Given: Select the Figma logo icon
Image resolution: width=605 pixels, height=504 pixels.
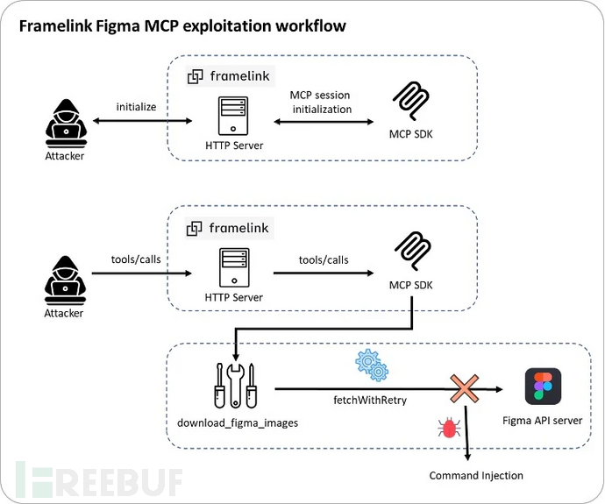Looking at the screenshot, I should [543, 387].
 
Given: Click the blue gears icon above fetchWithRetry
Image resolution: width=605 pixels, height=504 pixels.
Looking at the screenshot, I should [370, 364].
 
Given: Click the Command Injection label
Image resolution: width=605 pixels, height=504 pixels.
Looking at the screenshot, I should [476, 475].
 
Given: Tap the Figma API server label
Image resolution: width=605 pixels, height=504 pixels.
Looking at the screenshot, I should [543, 421].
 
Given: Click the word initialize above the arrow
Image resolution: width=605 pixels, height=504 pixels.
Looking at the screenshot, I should [136, 106].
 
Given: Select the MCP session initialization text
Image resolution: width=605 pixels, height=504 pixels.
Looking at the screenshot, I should [320, 102].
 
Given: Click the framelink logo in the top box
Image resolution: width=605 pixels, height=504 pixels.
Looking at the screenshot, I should [230, 76].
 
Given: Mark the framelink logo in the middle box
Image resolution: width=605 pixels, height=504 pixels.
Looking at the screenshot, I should [230, 228].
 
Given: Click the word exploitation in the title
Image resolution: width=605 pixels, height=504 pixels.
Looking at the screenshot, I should [198, 25].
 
